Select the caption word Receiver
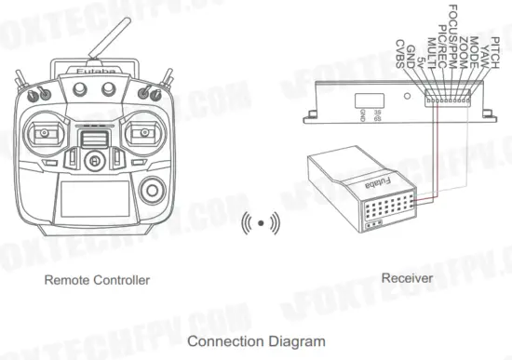click(x=405, y=278)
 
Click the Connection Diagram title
click(x=256, y=341)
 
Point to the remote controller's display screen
click(x=89, y=200)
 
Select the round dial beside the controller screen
click(x=151, y=193)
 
